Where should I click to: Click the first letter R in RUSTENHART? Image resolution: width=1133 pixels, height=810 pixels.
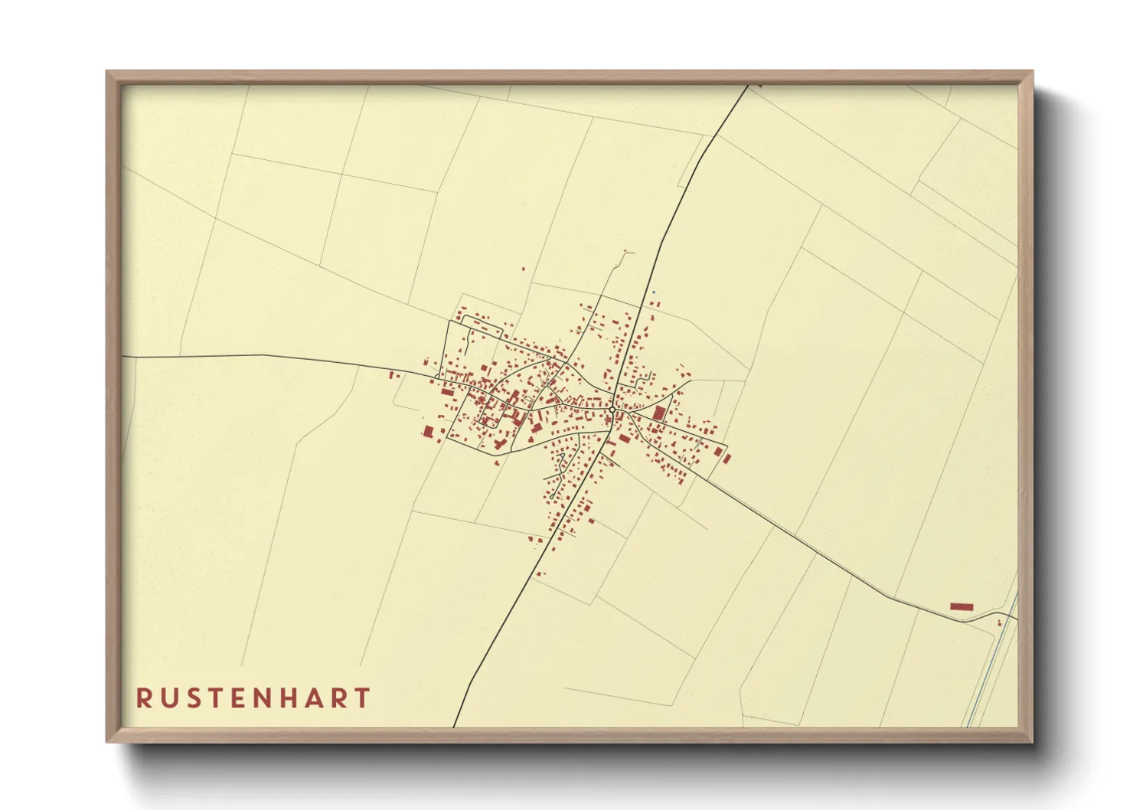point(144,698)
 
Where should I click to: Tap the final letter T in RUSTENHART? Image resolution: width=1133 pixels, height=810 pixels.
point(363,698)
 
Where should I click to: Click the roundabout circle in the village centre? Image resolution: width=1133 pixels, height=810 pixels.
point(612,412)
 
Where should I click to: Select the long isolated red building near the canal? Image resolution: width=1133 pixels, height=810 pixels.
point(961,606)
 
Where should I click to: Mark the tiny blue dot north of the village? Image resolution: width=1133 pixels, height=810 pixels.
point(654,292)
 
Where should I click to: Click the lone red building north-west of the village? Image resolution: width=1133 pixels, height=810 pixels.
point(523,269)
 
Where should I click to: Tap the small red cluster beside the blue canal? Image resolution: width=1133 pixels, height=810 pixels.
point(999,622)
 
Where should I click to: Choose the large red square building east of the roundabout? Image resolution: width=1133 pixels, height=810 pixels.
point(659,413)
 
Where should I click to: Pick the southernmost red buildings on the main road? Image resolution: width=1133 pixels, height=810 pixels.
point(540,573)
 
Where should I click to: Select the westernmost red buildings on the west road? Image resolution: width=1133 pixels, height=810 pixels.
point(394,375)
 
